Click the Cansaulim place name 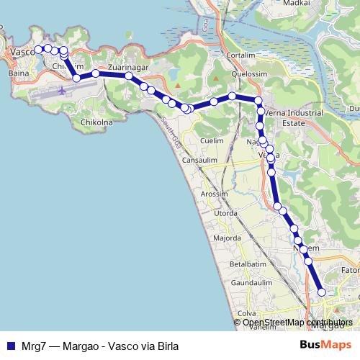[199, 160]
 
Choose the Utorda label [225, 214]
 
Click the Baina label [17, 73]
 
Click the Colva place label [247, 313]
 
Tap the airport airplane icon [62, 91]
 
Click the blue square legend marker [10, 346]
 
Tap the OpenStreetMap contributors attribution [297, 323]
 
